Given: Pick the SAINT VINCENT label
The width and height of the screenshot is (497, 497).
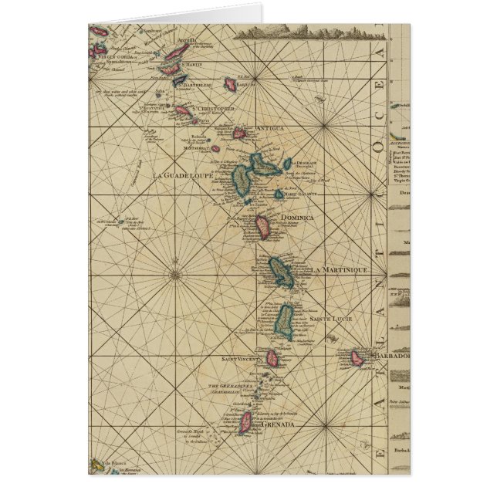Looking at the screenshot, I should point(240,357).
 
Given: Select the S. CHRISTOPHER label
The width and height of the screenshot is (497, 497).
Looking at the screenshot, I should point(215,109).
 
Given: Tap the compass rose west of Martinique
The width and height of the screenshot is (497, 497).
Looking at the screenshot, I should point(176,271).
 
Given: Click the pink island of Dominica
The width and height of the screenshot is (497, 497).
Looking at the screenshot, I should point(262,226).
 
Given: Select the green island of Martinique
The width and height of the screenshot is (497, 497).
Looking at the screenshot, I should point(279,272).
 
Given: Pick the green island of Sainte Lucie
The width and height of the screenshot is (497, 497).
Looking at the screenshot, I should point(285,318).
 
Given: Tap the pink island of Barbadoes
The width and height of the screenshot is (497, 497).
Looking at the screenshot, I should point(357,358).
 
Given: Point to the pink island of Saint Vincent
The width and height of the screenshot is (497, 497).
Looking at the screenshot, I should point(272,358).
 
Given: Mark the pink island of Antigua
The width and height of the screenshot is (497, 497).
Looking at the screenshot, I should point(239,134).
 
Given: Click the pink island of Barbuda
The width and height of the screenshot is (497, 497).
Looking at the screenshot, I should point(230,82).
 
